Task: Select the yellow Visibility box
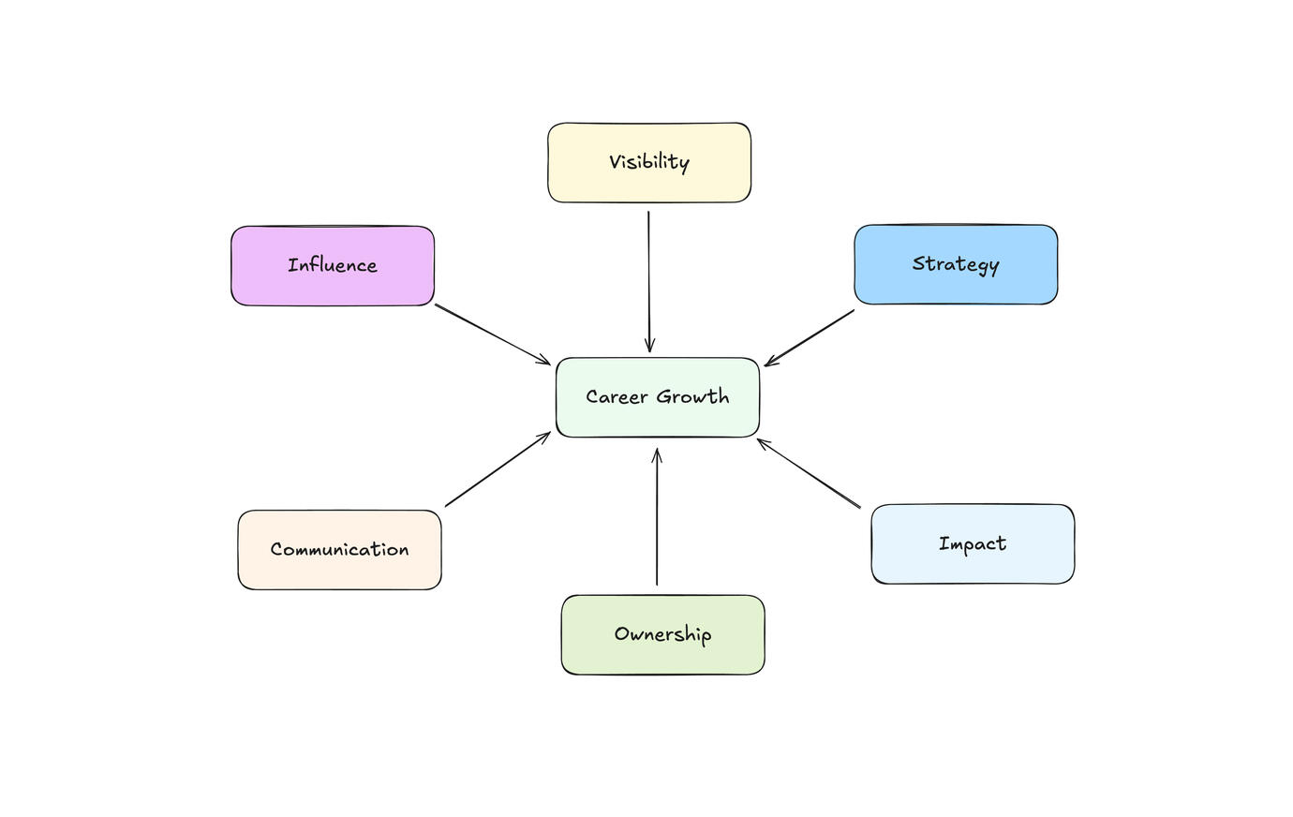(x=648, y=162)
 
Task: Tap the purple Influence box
(x=333, y=265)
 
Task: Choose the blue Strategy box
(x=956, y=264)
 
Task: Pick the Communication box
(x=339, y=550)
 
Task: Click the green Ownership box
(x=662, y=634)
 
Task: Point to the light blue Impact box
(x=973, y=544)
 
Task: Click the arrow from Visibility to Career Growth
(x=648, y=281)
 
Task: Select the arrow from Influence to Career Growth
(x=492, y=334)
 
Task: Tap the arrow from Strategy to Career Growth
(x=810, y=337)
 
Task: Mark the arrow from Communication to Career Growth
(x=497, y=470)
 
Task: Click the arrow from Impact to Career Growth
(x=809, y=473)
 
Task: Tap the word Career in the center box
(x=617, y=396)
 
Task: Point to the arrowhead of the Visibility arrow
(x=649, y=347)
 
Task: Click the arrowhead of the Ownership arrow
(x=657, y=454)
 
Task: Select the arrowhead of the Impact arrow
(x=762, y=442)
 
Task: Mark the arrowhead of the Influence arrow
(x=544, y=361)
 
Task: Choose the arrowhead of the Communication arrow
(x=545, y=436)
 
